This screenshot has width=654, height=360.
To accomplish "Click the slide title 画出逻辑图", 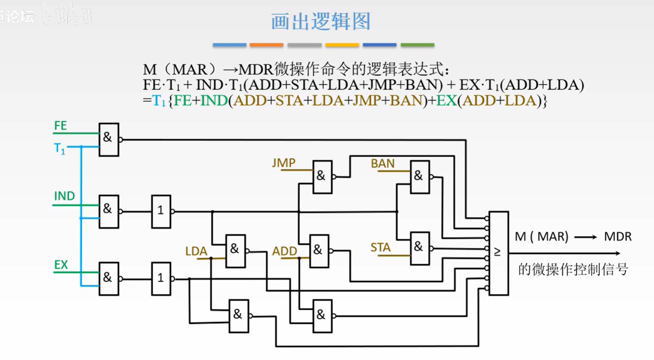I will coord(321,22).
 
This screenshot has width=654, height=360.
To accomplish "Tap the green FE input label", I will coord(60,126).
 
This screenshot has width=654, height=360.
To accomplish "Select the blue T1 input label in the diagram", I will coord(60,149).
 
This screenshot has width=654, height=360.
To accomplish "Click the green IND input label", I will coord(64,196).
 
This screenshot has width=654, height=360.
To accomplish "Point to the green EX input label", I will coord(61,265).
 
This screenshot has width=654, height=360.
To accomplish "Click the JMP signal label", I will coord(284,163).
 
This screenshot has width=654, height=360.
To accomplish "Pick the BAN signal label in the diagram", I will coord(383,163).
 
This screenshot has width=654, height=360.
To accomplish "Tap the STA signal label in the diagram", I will coord(380,248).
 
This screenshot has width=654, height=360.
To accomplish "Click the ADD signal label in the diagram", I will coord(285,251).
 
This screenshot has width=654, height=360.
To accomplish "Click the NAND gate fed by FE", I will coord(109,139).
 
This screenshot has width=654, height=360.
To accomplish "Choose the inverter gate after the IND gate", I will coord(161,211).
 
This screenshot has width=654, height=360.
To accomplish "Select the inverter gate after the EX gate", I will coord(161,279).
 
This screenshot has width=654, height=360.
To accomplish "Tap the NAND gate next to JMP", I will coord(322,176).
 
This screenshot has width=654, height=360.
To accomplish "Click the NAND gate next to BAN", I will coord(420,176).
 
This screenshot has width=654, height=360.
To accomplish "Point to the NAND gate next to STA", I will coord(420,248).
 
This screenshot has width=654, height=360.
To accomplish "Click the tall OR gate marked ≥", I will coord(498,253).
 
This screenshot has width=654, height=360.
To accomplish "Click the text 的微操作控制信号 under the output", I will coord(573,269).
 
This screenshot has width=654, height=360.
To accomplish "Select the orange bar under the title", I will coord(266,45).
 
